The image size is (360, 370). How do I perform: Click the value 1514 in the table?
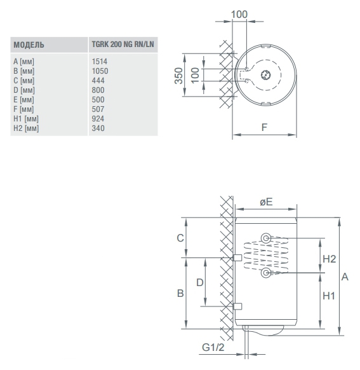(x=100, y=62)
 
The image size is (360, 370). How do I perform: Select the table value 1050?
(x=100, y=71)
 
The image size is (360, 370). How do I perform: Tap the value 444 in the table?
(x=98, y=81)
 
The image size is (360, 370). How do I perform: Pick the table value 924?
(x=98, y=119)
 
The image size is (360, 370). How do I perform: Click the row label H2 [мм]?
(x=26, y=128)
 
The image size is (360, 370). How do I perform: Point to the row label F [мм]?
(x=23, y=109)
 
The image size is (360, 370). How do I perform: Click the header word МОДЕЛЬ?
(x=29, y=45)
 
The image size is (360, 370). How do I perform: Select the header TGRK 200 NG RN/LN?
(x=123, y=44)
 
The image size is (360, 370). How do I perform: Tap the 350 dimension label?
(x=179, y=76)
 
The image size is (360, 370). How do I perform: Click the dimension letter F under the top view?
(x=264, y=127)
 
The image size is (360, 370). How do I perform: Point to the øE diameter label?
(x=266, y=202)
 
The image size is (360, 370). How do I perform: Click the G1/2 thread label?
(x=213, y=347)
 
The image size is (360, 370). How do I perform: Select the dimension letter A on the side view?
(x=345, y=277)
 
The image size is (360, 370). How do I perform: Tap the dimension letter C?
(x=180, y=238)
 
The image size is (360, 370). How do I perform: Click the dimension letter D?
(x=200, y=282)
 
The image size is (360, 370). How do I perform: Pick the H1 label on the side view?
(x=329, y=296)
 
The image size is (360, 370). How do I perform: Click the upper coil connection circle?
(x=266, y=238)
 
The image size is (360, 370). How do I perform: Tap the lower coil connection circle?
(x=266, y=273)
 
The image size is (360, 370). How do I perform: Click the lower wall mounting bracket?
(x=237, y=306)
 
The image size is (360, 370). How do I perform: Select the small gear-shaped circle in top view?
(x=266, y=75)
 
